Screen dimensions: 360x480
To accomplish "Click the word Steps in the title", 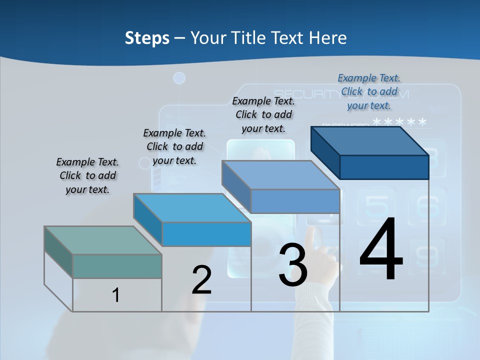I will tap(147, 38).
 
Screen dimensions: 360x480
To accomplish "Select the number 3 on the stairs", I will tap(293, 265).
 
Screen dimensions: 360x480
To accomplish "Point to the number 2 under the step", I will tap(201, 280).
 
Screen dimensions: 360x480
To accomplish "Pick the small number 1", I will tap(115, 295).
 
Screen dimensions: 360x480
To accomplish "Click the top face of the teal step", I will tap(102, 240).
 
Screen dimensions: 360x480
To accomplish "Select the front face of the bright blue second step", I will tap(206, 234).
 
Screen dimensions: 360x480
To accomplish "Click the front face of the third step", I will tap(295, 201).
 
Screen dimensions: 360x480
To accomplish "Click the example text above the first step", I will tap(87, 175).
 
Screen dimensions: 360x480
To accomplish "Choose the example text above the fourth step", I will tap(369, 91).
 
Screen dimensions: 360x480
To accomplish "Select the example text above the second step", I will tap(174, 146).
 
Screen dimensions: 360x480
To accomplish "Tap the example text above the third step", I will tap(263, 114).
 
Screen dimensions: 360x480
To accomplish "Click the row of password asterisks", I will tap(400, 122).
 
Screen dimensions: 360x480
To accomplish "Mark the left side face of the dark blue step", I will tap(325, 152).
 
